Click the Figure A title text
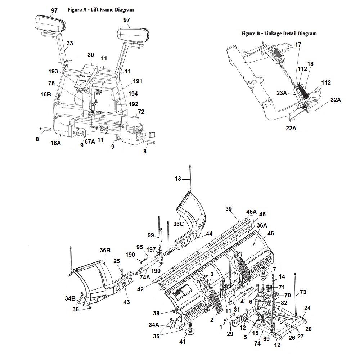[101, 10]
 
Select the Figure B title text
[279, 33]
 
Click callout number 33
[69, 44]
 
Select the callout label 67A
[90, 141]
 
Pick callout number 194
[132, 94]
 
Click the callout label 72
[141, 112]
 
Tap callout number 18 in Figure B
[310, 64]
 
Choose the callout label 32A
[335, 100]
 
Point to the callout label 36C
[178, 224]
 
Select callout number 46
[270, 234]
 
